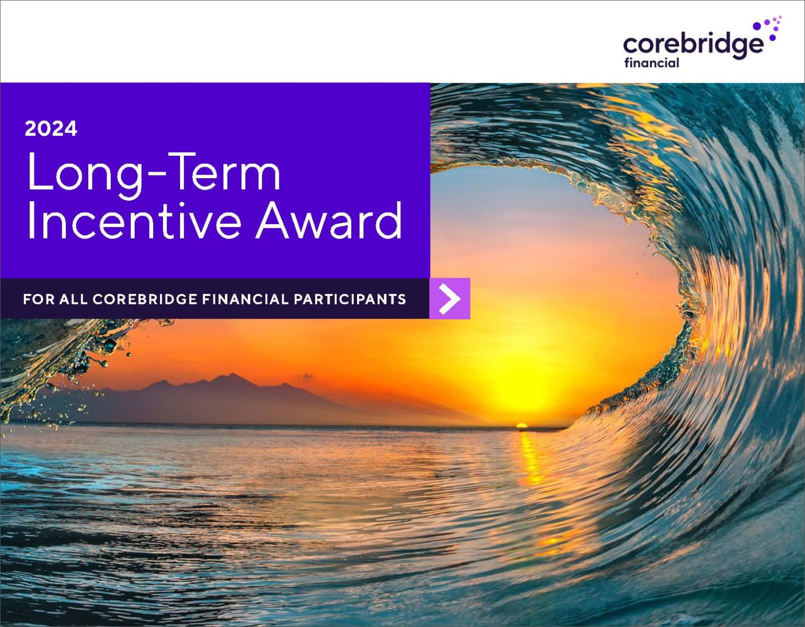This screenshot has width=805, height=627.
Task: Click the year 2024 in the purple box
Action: pos(51,129)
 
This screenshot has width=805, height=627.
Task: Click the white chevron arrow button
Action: pos(450,299)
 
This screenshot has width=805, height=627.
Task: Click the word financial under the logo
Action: pos(652,63)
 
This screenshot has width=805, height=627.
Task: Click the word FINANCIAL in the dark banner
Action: pos(245,299)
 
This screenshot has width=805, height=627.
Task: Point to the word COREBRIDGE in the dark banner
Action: pos(145,299)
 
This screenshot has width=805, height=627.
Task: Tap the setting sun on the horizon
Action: pos(522,426)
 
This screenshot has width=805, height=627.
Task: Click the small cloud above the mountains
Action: pos(306,377)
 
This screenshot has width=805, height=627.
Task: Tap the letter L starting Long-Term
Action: pos(39,171)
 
